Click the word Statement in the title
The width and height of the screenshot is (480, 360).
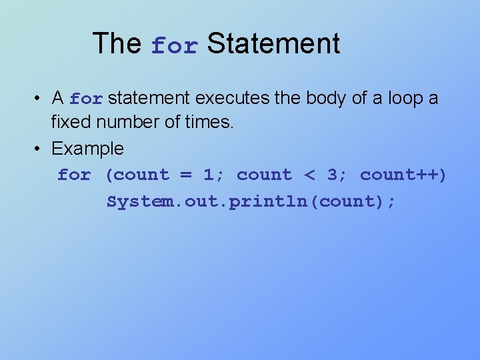tap(273, 44)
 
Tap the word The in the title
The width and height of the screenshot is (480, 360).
tap(117, 44)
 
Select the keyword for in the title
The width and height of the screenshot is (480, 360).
tap(174, 46)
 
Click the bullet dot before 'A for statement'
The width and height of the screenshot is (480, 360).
tap(39, 99)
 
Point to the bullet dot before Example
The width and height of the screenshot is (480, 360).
tap(39, 149)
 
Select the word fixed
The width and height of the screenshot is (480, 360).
tap(72, 123)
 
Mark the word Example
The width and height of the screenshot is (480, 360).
tap(87, 149)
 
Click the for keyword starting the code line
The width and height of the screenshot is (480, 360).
tap(73, 175)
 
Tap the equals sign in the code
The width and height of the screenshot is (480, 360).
tap(185, 175)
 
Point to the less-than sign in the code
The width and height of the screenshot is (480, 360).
tap(309, 175)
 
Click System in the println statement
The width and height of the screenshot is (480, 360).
tap(132, 201)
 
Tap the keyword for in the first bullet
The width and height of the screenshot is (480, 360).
tap(86, 100)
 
